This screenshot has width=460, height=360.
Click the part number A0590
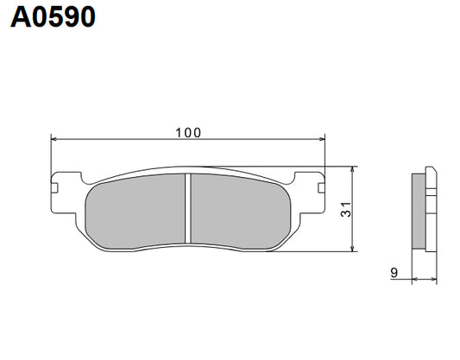click(x=53, y=18)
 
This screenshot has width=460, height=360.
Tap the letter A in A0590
click(x=20, y=18)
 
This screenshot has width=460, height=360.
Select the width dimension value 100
click(x=187, y=132)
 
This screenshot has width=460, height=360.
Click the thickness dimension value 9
click(x=394, y=273)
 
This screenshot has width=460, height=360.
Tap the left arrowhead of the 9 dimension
click(x=413, y=279)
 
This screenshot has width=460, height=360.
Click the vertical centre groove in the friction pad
click(x=187, y=208)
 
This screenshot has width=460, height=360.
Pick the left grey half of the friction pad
click(x=138, y=210)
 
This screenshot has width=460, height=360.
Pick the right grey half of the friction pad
click(x=237, y=210)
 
